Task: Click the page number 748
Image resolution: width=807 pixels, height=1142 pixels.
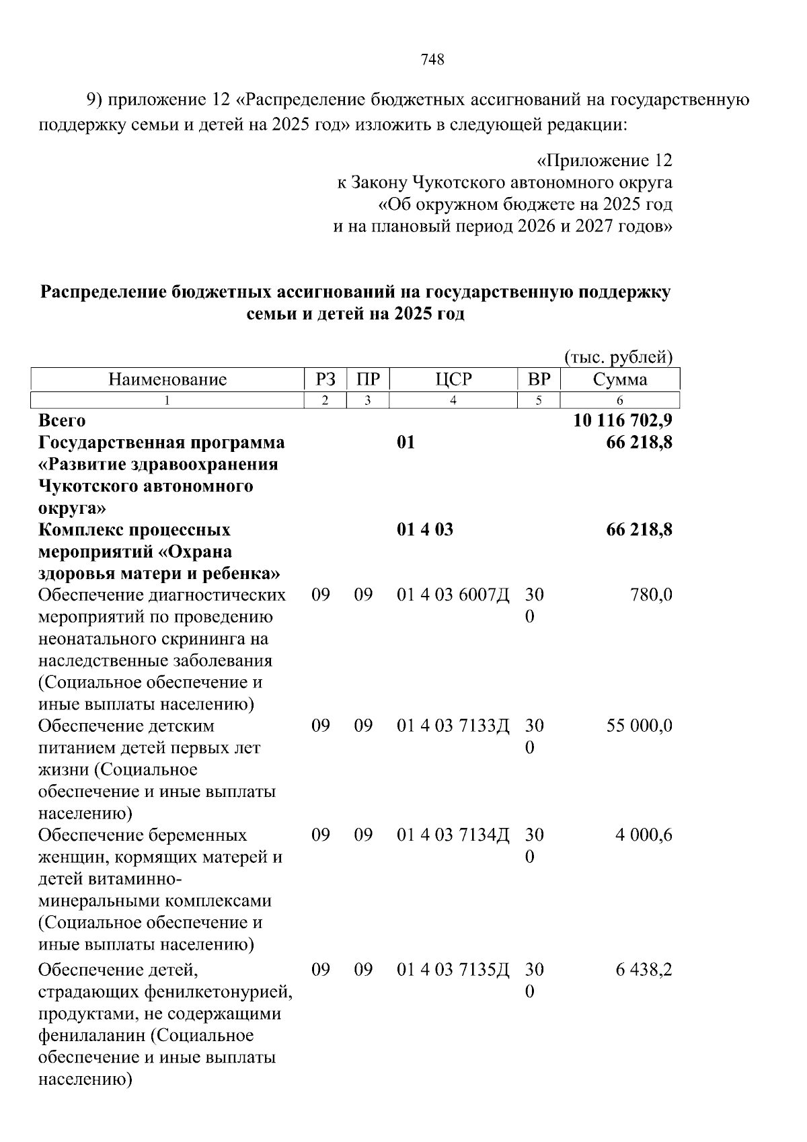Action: pos(432,60)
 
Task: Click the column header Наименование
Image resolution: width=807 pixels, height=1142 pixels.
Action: pos(167,379)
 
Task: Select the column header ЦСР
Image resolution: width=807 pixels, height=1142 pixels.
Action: pos(453,379)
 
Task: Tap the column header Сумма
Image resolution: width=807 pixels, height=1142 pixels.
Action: pos(619,379)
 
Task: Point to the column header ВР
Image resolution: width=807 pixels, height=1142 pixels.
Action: pos(539,379)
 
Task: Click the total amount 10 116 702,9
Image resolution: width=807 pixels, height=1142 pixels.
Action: pos(623,420)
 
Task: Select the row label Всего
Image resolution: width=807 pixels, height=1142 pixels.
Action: pos(62,420)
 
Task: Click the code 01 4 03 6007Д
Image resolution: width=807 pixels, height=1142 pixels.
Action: pos(453,595)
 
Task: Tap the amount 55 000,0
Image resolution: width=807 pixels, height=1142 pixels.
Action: pos(639,726)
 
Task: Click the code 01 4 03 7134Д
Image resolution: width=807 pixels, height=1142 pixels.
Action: pos(453,835)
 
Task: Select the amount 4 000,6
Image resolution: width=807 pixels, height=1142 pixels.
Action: pos(644,835)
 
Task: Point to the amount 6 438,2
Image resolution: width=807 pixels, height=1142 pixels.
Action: pos(644,970)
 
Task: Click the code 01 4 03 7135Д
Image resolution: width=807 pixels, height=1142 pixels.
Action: pos(453,970)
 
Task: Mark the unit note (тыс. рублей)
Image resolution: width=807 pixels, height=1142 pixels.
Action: pos(618,356)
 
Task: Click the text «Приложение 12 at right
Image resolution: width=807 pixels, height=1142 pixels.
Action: pos(604,161)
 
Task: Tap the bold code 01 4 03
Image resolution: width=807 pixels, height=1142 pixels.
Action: pos(425,530)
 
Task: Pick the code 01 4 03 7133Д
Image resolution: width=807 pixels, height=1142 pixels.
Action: pos(453,726)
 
